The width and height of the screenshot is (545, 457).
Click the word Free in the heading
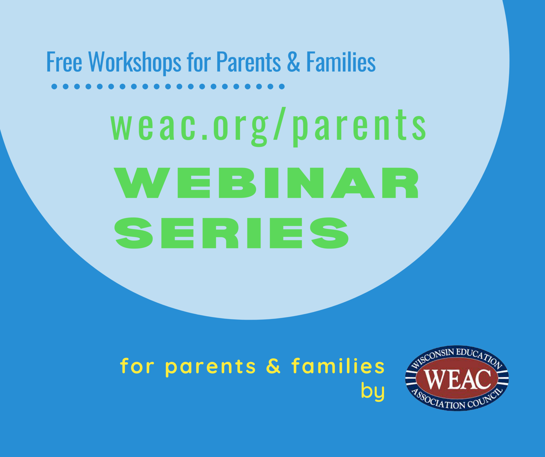pyautogui.click(x=64, y=62)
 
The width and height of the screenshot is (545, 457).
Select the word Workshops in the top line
pyautogui.click(x=135, y=62)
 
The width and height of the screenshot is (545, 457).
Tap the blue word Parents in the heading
pyautogui.click(x=248, y=62)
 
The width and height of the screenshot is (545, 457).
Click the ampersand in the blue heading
pyautogui.click(x=294, y=62)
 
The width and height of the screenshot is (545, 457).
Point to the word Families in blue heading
pyautogui.click(x=341, y=62)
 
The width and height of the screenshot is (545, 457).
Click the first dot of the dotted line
pyautogui.click(x=54, y=87)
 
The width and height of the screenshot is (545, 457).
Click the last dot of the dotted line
pyautogui.click(x=282, y=87)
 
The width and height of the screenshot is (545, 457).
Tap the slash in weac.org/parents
pyautogui.click(x=280, y=125)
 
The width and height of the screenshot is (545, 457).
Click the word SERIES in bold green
pyautogui.click(x=231, y=233)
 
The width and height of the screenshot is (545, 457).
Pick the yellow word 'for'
pyautogui.click(x=137, y=366)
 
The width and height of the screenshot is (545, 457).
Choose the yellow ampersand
pyautogui.click(x=273, y=366)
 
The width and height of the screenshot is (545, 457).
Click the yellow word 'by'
pyautogui.click(x=372, y=392)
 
